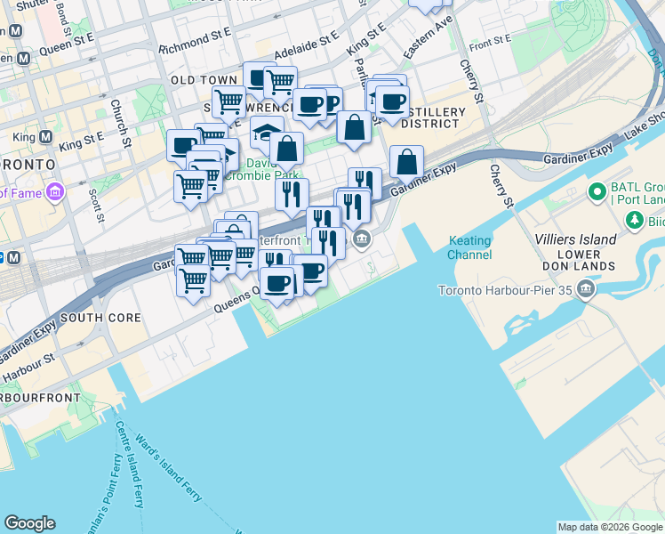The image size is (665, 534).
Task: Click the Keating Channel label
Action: click(x=470, y=247)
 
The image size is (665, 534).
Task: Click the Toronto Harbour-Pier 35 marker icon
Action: click(x=586, y=288)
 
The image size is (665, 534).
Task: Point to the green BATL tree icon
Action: click(x=596, y=191)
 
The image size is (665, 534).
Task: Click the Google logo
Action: click(x=29, y=523)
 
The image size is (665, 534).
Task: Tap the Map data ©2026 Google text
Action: click(x=609, y=527)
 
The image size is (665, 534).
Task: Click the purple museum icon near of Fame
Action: click(x=55, y=191)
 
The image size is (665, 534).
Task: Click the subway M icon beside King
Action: click(x=45, y=137)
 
